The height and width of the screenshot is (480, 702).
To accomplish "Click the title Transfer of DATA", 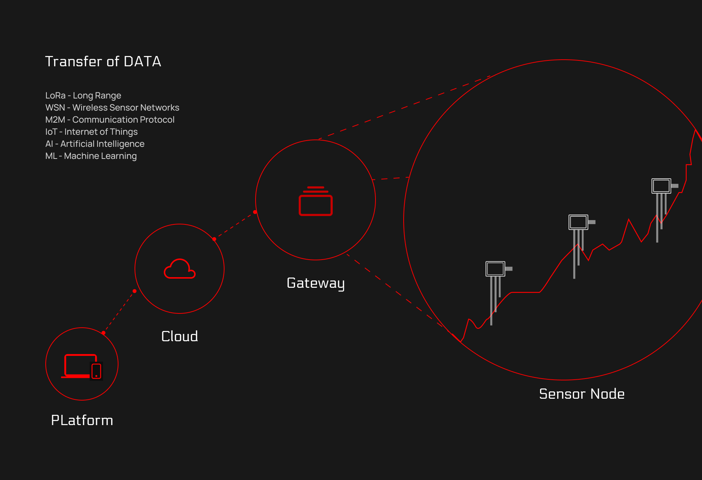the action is [x=103, y=62].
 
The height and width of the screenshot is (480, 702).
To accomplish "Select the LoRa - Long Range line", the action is [x=83, y=96].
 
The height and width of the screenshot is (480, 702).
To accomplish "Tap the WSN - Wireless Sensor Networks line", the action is [x=112, y=108].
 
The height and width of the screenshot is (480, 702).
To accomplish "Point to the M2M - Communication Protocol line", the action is [x=110, y=120].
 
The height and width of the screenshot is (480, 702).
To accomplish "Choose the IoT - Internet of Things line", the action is [x=91, y=132].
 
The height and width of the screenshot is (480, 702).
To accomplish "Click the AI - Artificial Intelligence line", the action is [x=95, y=144].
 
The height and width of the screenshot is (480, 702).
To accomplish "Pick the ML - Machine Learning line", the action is [x=91, y=156].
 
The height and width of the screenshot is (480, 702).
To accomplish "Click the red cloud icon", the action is [x=180, y=269].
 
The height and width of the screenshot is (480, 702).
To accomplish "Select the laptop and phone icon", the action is [x=82, y=366].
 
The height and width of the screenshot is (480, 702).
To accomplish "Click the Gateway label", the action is [x=316, y=283].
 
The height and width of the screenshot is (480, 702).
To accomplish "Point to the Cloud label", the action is [x=180, y=336].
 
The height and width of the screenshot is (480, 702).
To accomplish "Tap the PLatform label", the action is [x=82, y=420].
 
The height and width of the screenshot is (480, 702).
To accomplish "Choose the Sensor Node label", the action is [x=582, y=394].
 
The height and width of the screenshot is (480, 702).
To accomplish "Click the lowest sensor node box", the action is [x=495, y=269].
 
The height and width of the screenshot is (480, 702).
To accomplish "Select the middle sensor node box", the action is [x=578, y=222].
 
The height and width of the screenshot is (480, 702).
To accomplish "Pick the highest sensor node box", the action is [x=661, y=186].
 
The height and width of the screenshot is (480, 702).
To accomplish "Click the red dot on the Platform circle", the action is [x=104, y=333].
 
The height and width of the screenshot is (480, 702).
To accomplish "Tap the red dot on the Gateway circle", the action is [x=255, y=212].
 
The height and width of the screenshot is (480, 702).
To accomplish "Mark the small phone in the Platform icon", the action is [x=97, y=371].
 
